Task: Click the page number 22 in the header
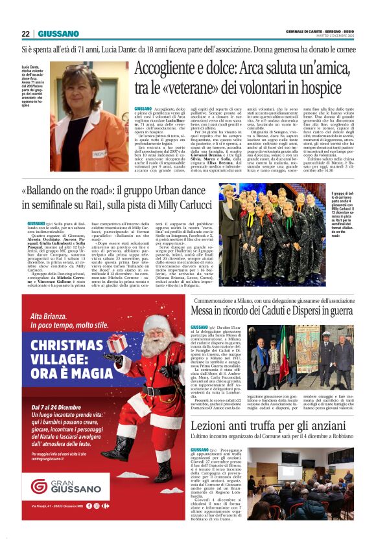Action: click(25, 34)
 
